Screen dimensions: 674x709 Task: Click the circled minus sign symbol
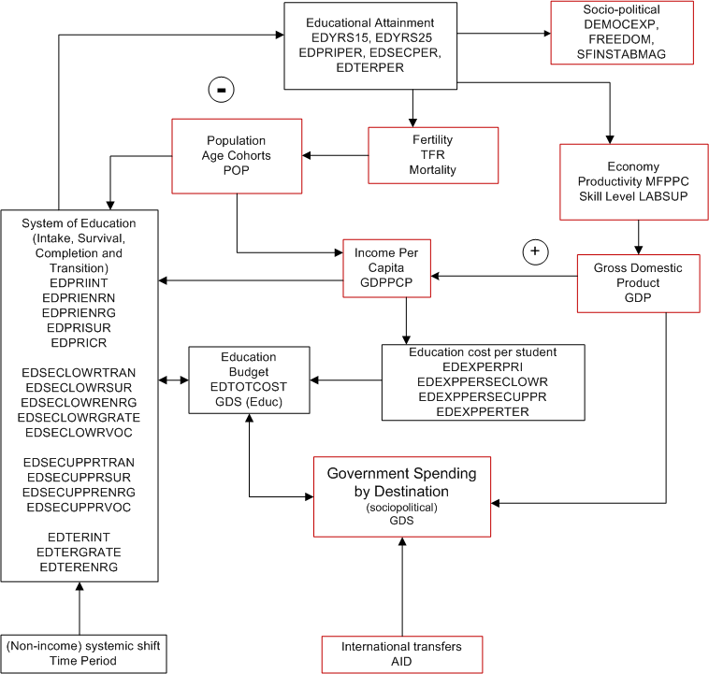pyautogui.click(x=221, y=90)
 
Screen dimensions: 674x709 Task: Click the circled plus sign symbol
pyautogui.click(x=535, y=251)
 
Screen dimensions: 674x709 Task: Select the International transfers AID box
pyautogui.click(x=401, y=653)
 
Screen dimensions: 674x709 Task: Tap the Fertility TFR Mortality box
pyautogui.click(x=433, y=155)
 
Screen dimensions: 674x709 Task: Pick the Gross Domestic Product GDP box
pyautogui.click(x=638, y=282)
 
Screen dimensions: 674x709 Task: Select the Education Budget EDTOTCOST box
pyautogui.click(x=248, y=380)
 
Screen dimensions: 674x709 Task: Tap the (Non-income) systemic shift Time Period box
pyautogui.click(x=80, y=653)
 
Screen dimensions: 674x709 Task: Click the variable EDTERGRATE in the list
pyautogui.click(x=80, y=552)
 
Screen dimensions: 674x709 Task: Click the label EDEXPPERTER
pyautogui.click(x=483, y=411)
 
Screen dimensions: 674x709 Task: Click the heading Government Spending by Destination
pyautogui.click(x=401, y=482)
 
